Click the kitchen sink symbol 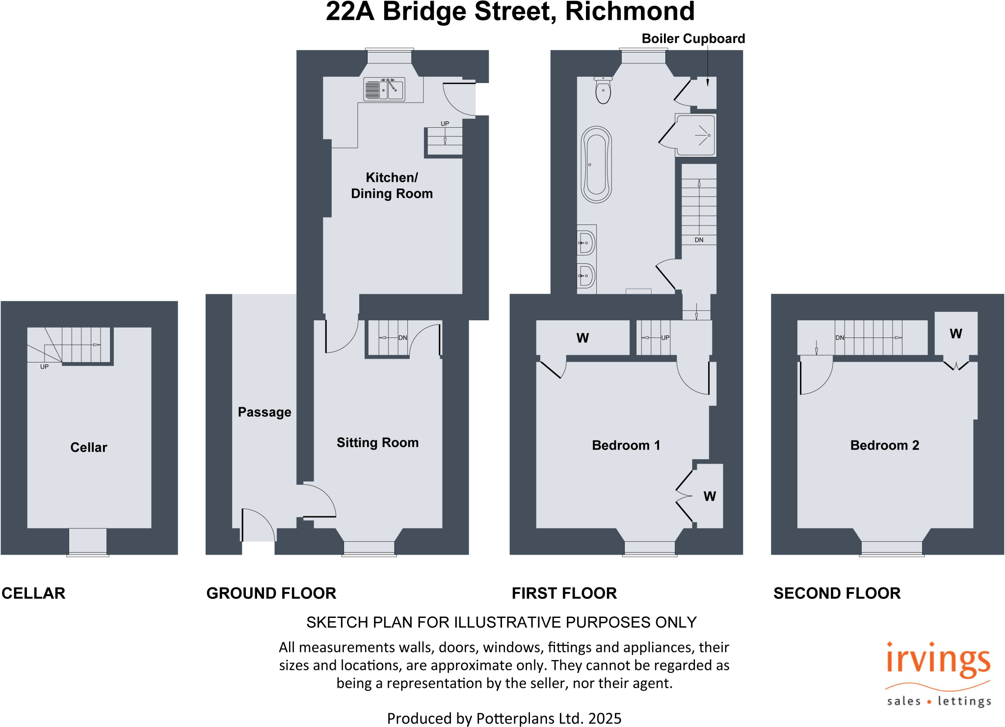[x=384, y=89]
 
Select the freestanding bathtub [x=596, y=165]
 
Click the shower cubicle [x=696, y=135]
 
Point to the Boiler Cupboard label [x=693, y=39]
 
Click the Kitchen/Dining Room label [x=392, y=186]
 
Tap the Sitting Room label [x=377, y=443]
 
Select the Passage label [x=264, y=412]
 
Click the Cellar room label [x=88, y=447]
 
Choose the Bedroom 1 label [x=626, y=446]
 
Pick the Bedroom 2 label [x=884, y=446]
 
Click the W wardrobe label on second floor [x=955, y=334]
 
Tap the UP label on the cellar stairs [x=44, y=367]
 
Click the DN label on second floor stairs [x=840, y=338]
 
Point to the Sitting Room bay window [x=369, y=548]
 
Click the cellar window [x=88, y=542]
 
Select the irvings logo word [x=938, y=661]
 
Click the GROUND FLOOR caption [x=271, y=593]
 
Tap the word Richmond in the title [x=630, y=12]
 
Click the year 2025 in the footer [x=605, y=718]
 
